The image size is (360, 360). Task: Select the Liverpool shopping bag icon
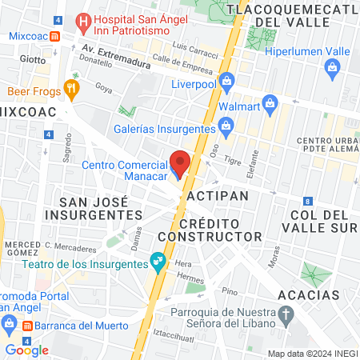(226, 79)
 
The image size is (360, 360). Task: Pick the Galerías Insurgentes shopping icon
(226, 124)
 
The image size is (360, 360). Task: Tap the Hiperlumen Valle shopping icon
(331, 69)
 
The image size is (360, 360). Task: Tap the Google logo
(26, 350)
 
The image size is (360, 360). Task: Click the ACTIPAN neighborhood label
(217, 195)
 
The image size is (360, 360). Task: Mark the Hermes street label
(190, 277)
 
